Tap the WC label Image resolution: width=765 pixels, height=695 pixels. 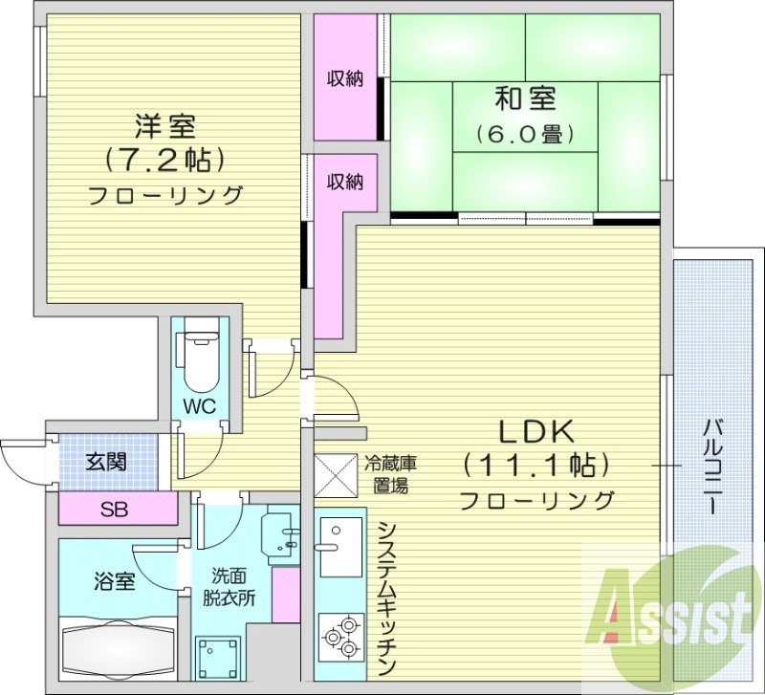[200, 405]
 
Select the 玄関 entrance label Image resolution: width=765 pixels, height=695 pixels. [106, 462]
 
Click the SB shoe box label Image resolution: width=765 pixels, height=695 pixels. [114, 510]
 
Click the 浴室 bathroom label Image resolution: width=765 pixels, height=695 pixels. [115, 582]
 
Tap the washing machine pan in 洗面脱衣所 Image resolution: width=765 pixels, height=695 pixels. [218, 655]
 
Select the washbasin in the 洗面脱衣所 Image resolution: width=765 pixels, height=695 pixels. [280, 535]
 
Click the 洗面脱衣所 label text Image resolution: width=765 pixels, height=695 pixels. [229, 587]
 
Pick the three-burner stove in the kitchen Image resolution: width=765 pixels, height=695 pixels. [341, 637]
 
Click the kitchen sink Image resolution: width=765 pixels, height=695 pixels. [341, 546]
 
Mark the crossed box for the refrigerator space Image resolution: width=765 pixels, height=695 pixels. [336, 475]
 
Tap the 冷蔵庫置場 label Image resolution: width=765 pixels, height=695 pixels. [390, 474]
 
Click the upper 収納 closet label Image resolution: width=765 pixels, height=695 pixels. [345, 78]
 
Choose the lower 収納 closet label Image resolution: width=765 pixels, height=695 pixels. [345, 182]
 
